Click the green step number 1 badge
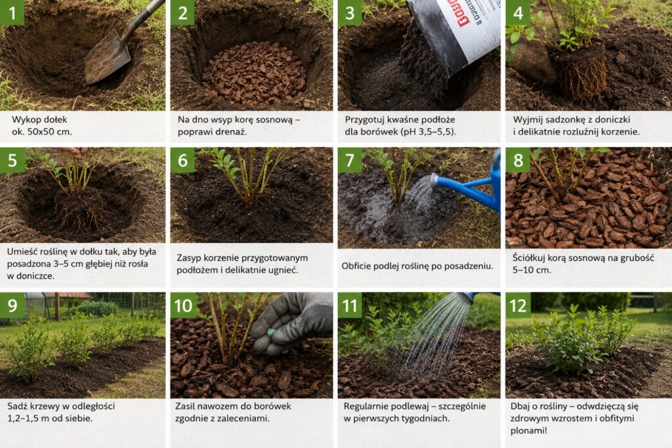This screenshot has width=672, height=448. tap(12, 12)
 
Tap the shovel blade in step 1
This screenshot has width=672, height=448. tap(107, 60)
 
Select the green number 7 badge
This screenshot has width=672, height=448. tap(350, 160)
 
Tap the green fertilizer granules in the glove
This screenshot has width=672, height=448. tap(271, 333)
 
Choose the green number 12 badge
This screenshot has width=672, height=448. tap(518, 306)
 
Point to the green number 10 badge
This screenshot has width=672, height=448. tap(183, 306)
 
